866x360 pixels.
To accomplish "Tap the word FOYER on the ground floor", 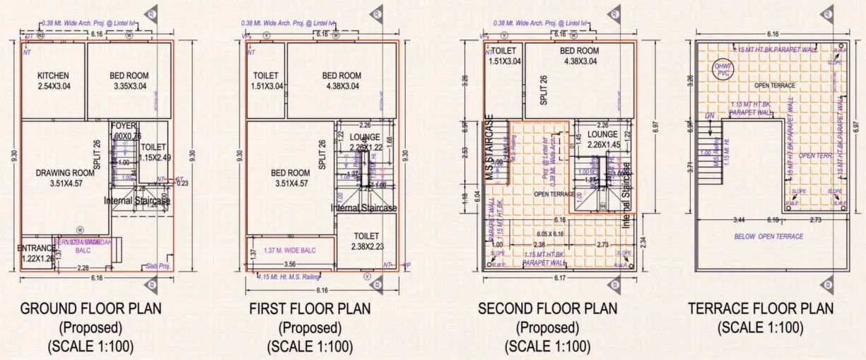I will click(x=123, y=126).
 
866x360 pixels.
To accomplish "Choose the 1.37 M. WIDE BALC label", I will click(x=289, y=251).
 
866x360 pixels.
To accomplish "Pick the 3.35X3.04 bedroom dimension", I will click(x=129, y=86).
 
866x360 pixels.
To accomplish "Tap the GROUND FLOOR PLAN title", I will click(x=90, y=309).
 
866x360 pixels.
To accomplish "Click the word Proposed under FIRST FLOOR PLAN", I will click(x=310, y=327).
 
